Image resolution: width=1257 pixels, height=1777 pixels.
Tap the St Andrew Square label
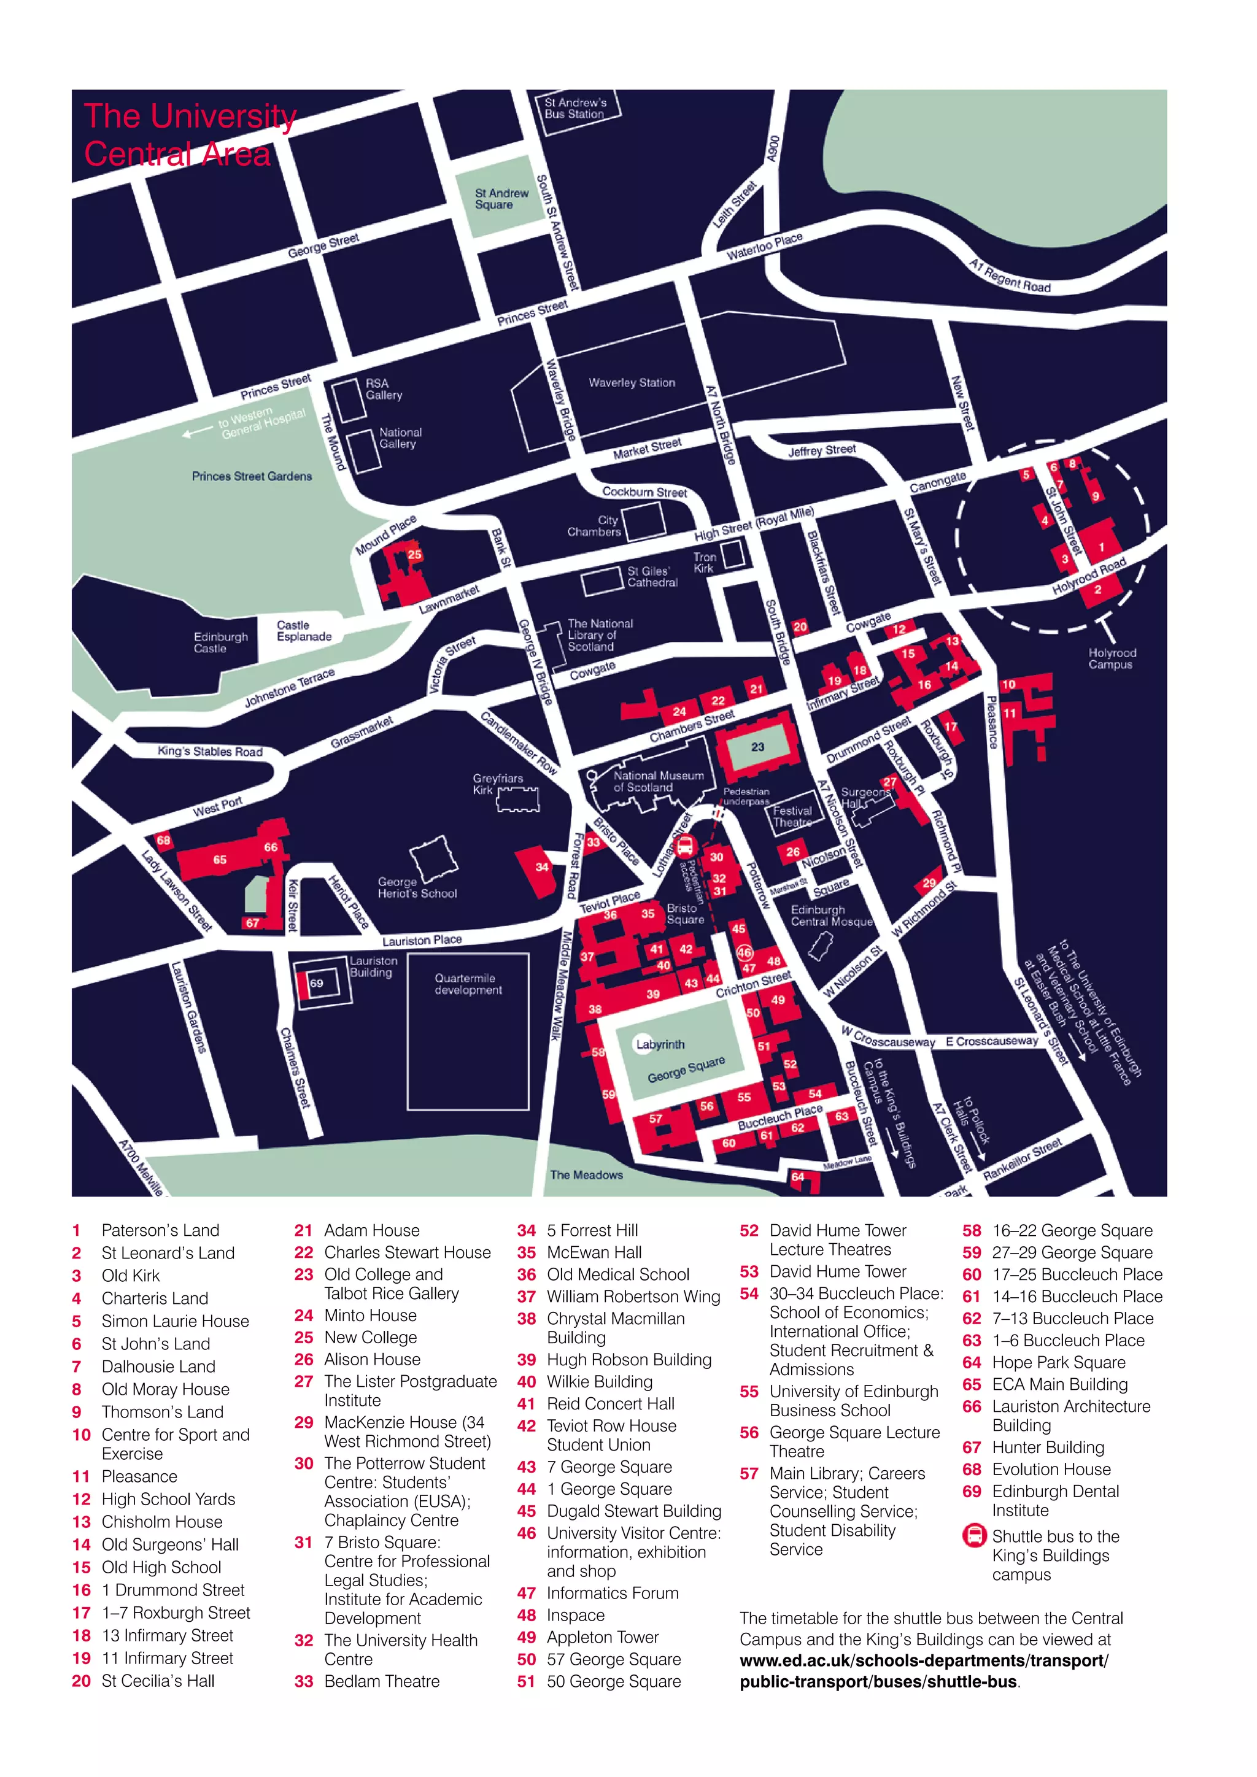tap(501, 199)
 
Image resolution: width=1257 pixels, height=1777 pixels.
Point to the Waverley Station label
tap(632, 382)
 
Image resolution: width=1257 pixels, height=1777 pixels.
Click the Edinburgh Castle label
tap(220, 642)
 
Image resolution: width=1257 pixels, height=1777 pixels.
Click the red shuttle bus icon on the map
tap(684, 847)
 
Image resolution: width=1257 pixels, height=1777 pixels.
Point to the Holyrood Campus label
tap(1112, 658)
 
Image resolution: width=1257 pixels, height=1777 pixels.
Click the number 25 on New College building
tap(415, 554)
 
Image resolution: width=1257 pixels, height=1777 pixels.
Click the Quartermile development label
tap(468, 984)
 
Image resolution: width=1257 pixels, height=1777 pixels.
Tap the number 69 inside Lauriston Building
tap(317, 983)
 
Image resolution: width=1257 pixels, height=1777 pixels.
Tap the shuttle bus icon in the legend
tap(973, 1535)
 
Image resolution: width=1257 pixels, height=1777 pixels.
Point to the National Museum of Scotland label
tap(658, 781)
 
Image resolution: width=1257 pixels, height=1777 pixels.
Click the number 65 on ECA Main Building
tap(220, 859)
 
